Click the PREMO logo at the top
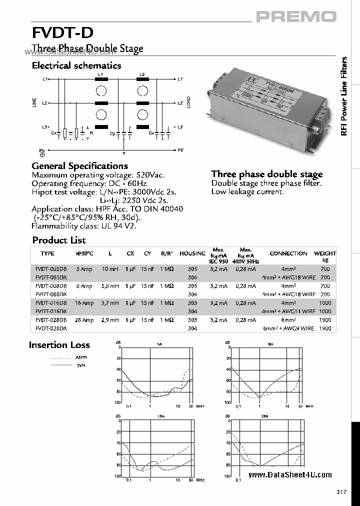point(296,17)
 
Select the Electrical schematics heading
point(76,65)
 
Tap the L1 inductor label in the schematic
point(101,74)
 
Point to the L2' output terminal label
point(180,103)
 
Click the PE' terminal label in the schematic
point(180,150)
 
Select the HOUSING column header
point(192,253)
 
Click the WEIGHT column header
point(325,253)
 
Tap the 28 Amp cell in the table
point(84,320)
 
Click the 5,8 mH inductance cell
point(110,286)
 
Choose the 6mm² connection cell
point(288,320)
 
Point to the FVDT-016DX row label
point(51,311)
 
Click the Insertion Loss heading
point(59,345)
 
